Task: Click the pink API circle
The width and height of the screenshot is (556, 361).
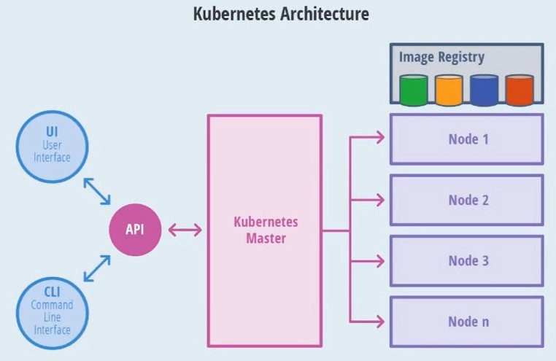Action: click(x=135, y=230)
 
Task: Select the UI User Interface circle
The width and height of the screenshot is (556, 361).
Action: click(x=52, y=147)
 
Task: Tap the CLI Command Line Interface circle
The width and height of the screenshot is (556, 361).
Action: click(x=52, y=313)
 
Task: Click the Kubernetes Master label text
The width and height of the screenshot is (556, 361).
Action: click(x=266, y=230)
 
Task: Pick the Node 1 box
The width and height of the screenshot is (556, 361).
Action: click(x=467, y=139)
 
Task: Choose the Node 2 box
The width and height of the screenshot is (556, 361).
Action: click(x=467, y=200)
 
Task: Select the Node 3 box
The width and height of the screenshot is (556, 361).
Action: click(x=467, y=261)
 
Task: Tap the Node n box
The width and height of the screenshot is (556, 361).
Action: click(x=467, y=322)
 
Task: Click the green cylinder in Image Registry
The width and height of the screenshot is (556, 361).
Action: click(x=414, y=90)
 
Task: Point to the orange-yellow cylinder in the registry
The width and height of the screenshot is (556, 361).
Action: click(x=449, y=90)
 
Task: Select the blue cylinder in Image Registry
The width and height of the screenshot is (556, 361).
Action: click(x=484, y=90)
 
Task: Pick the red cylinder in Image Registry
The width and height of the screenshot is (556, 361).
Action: click(x=520, y=90)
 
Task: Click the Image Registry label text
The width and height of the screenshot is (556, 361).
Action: click(x=441, y=58)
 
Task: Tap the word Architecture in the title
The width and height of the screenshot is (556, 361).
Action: click(x=325, y=14)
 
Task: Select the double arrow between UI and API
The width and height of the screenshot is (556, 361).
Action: click(x=97, y=191)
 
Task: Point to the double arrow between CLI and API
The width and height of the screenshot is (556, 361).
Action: click(x=97, y=268)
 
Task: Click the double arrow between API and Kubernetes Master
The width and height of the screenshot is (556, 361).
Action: click(x=185, y=230)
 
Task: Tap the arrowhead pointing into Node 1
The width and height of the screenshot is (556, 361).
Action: click(x=380, y=137)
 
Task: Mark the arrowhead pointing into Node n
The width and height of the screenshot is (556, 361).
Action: click(x=380, y=322)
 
